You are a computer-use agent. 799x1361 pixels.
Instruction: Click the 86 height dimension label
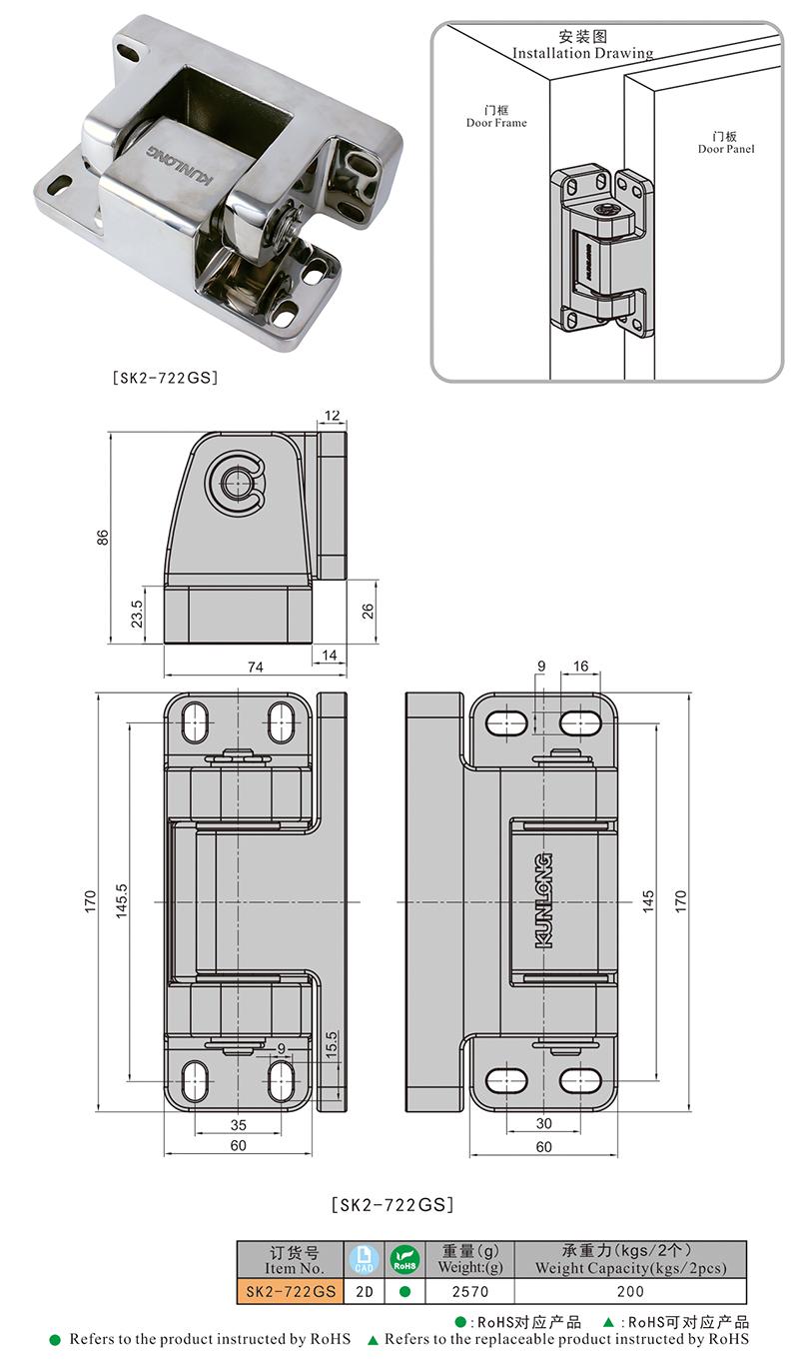103,538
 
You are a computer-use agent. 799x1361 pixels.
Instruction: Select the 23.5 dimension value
137,615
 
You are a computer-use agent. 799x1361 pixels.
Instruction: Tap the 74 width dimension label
256,668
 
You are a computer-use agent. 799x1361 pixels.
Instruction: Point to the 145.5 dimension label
122,901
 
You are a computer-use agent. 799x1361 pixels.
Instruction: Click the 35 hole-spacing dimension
239,1125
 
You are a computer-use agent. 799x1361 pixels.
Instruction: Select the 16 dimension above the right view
581,666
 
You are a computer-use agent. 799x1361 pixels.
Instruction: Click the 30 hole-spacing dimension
544,1124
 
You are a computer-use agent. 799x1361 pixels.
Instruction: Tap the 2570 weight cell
470,1292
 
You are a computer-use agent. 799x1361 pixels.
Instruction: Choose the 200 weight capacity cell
630,1292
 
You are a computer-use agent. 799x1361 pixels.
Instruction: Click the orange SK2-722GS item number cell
291,1292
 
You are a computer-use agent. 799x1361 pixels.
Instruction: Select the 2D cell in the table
365,1292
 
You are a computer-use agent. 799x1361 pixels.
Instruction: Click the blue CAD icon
365,1259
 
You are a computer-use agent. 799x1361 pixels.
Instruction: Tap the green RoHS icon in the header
404,1259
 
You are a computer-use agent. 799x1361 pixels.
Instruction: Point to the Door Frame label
496,117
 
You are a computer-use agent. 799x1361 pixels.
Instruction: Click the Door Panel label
725,143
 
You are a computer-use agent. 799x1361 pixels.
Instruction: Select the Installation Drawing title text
583,53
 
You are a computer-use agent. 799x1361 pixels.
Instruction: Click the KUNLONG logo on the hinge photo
180,164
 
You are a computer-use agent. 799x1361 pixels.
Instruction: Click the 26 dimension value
368,612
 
